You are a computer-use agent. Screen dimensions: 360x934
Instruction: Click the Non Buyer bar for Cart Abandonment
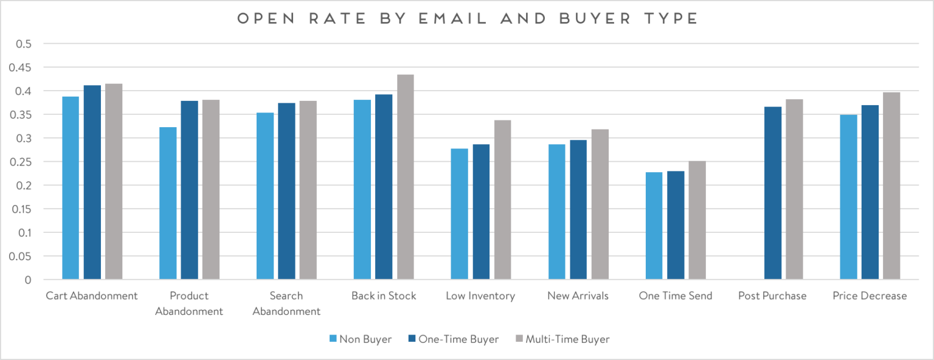pyautogui.click(x=71, y=189)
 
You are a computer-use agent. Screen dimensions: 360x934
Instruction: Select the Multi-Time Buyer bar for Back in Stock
pyautogui.click(x=406, y=178)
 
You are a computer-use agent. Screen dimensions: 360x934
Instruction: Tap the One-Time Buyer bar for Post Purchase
pyautogui.click(x=773, y=193)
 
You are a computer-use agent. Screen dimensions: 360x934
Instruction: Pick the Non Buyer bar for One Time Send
pyautogui.click(x=654, y=226)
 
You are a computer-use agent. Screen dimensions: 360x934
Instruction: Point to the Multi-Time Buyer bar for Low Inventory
pyautogui.click(x=503, y=200)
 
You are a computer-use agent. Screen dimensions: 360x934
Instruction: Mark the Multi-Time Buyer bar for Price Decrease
pyautogui.click(x=891, y=186)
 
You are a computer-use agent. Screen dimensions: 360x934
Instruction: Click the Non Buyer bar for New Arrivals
pyautogui.click(x=557, y=212)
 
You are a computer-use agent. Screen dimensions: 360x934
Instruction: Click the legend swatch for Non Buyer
pyautogui.click(x=333, y=339)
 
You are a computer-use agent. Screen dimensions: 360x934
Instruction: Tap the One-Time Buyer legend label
pyautogui.click(x=459, y=339)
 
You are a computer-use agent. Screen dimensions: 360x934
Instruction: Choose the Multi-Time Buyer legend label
pyautogui.click(x=567, y=339)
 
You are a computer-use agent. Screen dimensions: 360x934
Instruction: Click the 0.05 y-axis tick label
pyautogui.click(x=22, y=257)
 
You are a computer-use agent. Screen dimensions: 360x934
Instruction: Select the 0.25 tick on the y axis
pyautogui.click(x=22, y=162)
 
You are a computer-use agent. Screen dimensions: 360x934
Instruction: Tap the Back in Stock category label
pyautogui.click(x=384, y=296)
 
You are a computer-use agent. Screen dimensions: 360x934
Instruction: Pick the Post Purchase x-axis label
pyautogui.click(x=772, y=296)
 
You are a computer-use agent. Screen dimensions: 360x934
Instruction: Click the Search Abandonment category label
pyautogui.click(x=286, y=303)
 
